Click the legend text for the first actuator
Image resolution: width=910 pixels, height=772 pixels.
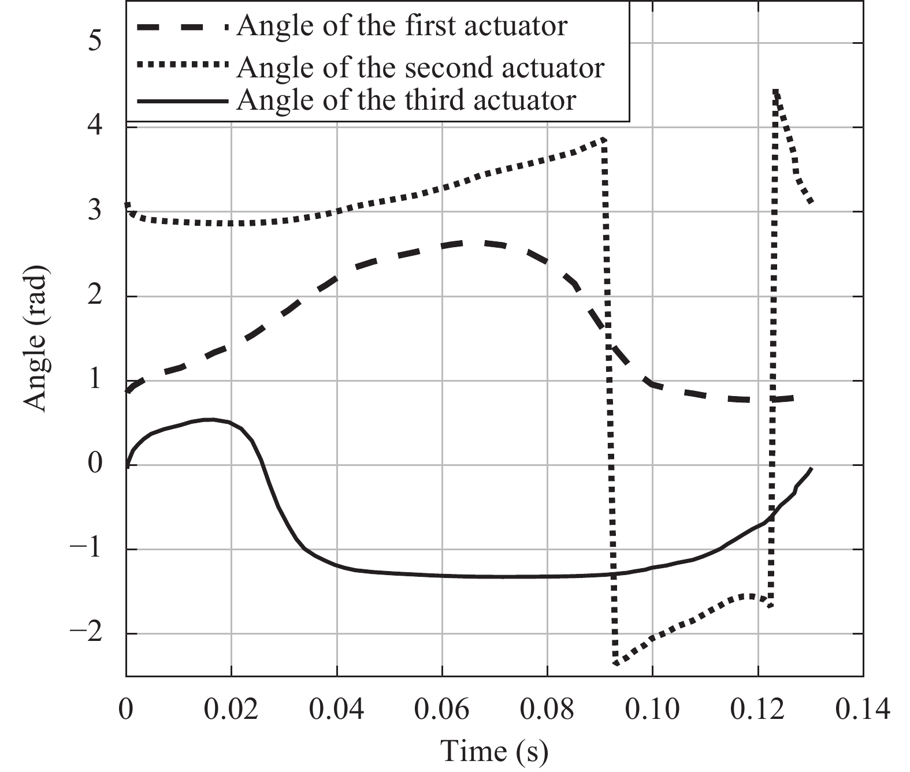click(402, 26)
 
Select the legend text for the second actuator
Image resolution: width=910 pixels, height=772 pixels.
click(420, 68)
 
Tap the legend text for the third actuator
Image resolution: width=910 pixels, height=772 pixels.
click(406, 100)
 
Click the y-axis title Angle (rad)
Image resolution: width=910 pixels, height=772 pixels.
click(36, 340)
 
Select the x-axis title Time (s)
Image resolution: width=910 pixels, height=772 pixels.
click(494, 751)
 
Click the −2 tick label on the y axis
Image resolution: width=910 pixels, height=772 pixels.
click(86, 633)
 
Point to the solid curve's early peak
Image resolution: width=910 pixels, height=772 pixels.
click(211, 420)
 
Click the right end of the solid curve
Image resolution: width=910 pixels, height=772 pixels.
click(811, 469)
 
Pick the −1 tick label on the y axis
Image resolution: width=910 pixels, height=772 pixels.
click(86, 549)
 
